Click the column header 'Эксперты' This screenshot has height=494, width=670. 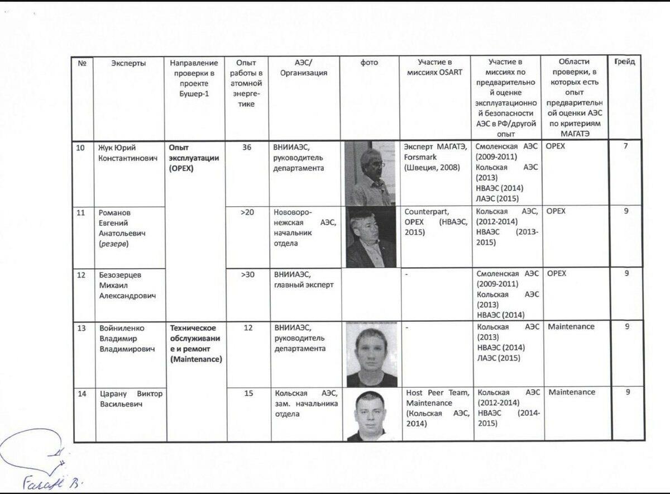tap(128, 63)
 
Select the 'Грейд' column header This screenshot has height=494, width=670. tap(624, 62)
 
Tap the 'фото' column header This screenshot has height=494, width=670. tap(369, 63)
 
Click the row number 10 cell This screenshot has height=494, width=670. tap(81, 148)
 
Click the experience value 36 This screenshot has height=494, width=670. tap(247, 148)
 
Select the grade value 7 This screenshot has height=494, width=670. tap(626, 146)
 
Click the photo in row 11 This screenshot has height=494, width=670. tap(371, 237)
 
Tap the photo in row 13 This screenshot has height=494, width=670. tap(371, 354)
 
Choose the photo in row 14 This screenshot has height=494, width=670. tap(371, 415)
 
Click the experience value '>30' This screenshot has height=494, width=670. tap(247, 274)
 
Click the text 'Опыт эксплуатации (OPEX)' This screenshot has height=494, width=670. tap(193, 158)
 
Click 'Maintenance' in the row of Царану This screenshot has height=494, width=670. tap(572, 392)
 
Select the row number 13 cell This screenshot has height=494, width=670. tap(82, 327)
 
